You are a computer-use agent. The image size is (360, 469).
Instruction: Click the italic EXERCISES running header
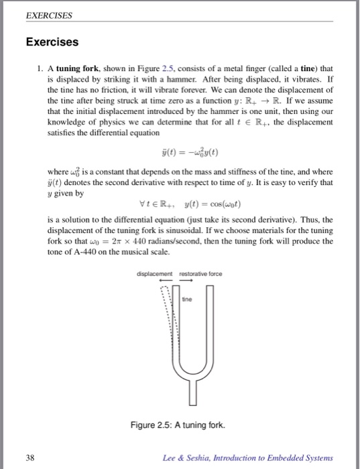click(48, 14)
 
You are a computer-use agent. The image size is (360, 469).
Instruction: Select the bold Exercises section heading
click(52, 42)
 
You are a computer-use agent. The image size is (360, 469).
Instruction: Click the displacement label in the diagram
click(154, 274)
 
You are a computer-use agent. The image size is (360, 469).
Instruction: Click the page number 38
click(29, 458)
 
